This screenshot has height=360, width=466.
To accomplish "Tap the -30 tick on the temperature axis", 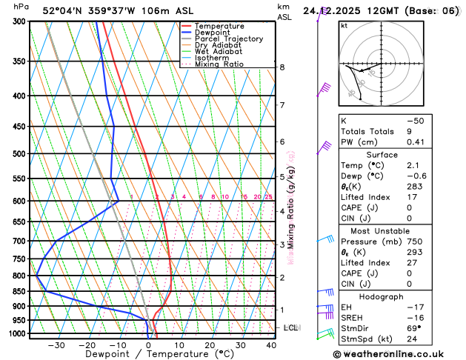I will (56, 345).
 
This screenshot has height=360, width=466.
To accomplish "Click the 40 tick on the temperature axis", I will (271, 345).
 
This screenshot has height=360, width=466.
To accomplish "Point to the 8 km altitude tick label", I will (282, 67).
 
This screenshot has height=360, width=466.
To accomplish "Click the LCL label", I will (290, 327).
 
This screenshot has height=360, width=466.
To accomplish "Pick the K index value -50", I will (417, 120).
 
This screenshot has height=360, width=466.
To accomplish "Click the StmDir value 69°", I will (414, 328).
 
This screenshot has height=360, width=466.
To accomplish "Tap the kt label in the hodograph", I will (344, 26).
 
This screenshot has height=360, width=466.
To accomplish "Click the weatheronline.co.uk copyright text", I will (393, 355).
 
